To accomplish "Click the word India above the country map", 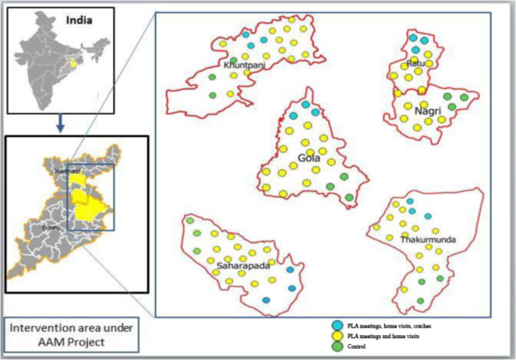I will click(x=78, y=20).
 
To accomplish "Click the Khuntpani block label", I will click(x=243, y=66).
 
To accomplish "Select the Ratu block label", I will click(x=414, y=63).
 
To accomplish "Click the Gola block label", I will click(x=309, y=158).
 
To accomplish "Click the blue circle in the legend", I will click(x=337, y=325).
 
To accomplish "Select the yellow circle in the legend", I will click(x=337, y=335).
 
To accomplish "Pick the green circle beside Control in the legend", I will click(x=337, y=346).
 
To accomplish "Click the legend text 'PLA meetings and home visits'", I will click(x=383, y=336).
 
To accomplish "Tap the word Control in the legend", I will click(x=357, y=346).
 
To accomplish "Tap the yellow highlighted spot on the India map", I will click(x=73, y=63).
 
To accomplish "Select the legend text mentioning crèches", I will click(x=389, y=325).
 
